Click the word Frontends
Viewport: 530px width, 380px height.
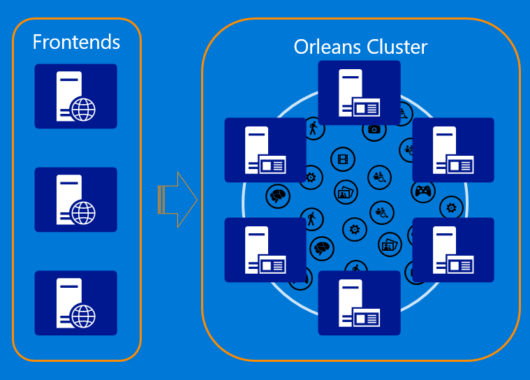(x=76, y=42)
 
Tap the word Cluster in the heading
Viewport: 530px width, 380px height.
(x=397, y=47)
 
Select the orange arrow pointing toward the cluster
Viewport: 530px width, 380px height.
(x=177, y=200)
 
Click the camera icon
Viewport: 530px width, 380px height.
(x=374, y=130)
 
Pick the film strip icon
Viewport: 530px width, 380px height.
(x=343, y=159)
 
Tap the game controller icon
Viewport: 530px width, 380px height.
(x=423, y=191)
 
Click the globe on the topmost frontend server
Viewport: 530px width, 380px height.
(x=83, y=109)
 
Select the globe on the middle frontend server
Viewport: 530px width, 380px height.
(x=83, y=212)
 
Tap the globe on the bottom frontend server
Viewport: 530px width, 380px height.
(x=83, y=316)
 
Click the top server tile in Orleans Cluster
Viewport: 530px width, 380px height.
(x=360, y=93)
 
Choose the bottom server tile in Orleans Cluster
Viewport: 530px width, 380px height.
(x=360, y=303)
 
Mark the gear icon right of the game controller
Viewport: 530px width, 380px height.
(x=452, y=208)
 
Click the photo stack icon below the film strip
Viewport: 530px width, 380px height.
(x=346, y=192)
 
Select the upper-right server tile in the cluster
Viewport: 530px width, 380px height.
(x=453, y=149)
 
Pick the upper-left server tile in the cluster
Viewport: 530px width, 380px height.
(x=265, y=149)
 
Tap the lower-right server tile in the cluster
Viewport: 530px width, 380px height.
(x=453, y=250)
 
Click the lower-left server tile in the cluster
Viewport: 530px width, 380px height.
(x=265, y=250)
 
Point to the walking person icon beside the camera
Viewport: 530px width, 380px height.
(x=314, y=129)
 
